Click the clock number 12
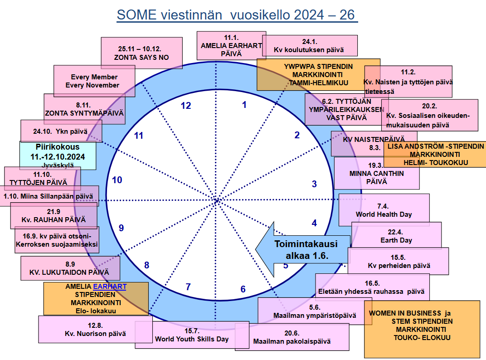186,106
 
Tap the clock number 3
314,184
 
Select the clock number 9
121,228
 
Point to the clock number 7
188,287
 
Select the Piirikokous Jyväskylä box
58,156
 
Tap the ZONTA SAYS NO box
141,53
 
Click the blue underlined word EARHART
110,287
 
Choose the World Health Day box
384,209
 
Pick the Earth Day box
396,236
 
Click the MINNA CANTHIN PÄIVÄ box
377,173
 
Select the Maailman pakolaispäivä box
292,337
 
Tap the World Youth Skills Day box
192,335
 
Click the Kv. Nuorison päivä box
95,329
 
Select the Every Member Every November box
94,81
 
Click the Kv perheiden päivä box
399,261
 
